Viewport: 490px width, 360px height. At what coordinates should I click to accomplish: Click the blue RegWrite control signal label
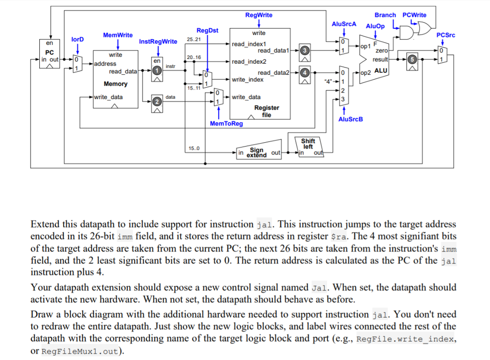258,15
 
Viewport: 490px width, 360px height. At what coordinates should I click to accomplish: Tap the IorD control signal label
78,39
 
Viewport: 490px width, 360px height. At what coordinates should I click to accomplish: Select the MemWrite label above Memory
118,35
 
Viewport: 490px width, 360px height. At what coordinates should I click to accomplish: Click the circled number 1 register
156,71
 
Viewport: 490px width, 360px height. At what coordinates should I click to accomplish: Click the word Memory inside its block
116,84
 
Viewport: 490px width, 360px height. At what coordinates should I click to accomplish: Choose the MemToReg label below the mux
226,124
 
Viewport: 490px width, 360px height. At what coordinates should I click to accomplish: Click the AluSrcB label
350,119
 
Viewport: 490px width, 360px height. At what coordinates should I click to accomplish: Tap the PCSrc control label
445,35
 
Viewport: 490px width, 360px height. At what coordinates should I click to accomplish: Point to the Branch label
385,15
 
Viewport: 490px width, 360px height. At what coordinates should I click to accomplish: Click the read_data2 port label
274,72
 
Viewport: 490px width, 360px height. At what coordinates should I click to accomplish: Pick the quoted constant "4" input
329,81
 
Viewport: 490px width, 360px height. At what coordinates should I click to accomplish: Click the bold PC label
50,52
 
